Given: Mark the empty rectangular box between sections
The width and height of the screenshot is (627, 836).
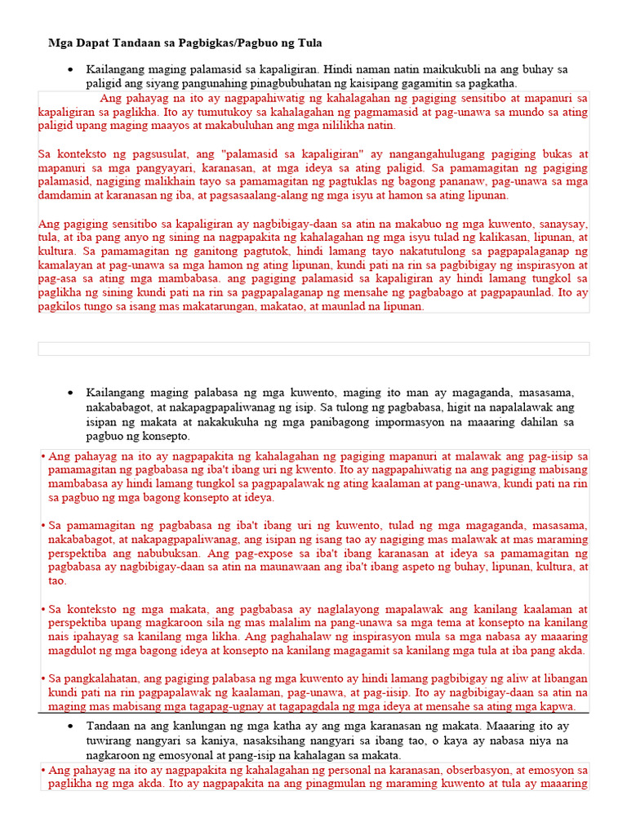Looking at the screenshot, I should pos(313,349).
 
